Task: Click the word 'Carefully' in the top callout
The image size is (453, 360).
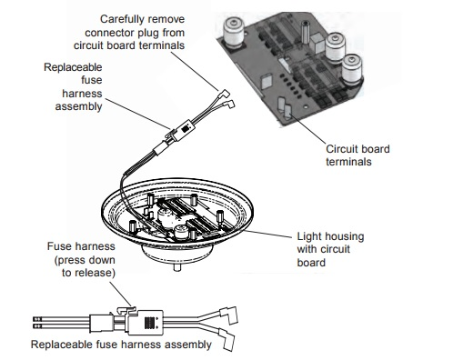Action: coord(120,20)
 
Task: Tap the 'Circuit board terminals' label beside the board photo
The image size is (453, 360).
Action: coord(357,155)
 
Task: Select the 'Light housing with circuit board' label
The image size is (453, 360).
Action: coord(330,249)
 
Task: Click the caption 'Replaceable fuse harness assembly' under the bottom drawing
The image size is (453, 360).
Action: coord(121,345)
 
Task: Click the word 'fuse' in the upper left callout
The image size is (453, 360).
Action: coord(92,80)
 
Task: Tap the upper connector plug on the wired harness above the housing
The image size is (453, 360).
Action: coord(225,94)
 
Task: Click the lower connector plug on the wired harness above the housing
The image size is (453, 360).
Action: coord(229,105)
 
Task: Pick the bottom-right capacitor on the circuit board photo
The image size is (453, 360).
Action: coord(352,70)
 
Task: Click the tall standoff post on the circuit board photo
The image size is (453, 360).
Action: coord(305,32)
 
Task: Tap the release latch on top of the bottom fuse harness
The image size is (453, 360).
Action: coord(126,309)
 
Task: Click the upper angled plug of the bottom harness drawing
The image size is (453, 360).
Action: coord(228,315)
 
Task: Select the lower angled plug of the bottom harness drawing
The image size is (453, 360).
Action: coord(226,339)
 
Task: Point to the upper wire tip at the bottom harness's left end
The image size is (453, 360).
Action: coord(36,319)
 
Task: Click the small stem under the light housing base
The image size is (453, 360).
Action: coord(177,267)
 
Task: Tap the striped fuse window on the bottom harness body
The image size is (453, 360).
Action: coord(148,323)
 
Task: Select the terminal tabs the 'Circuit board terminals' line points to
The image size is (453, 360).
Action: coord(285,106)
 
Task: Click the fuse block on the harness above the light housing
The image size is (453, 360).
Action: coord(184,130)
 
